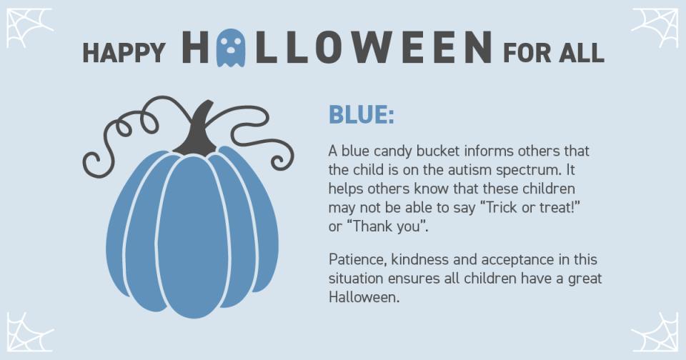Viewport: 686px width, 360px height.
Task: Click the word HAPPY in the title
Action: [124, 52]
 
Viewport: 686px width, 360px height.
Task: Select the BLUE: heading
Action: [361, 114]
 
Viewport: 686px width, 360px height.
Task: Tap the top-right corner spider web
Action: [656, 27]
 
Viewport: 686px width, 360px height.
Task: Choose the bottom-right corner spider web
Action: [656, 334]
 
